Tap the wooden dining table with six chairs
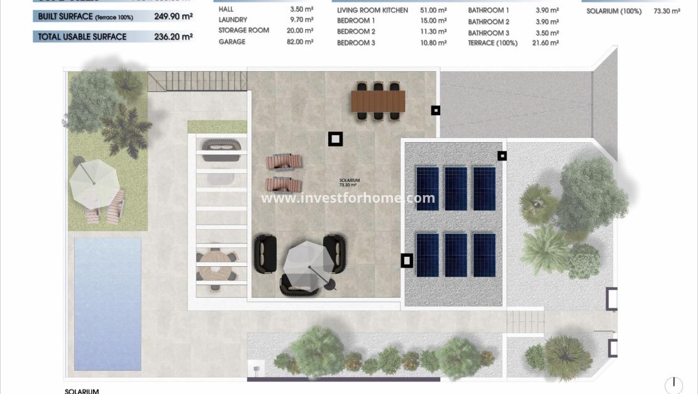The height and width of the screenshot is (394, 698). click(378, 101)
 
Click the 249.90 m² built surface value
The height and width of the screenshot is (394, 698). click(173, 16)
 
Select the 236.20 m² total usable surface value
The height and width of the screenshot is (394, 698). click(173, 37)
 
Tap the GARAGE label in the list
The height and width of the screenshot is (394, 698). click(232, 42)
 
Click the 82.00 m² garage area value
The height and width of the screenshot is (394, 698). click(301, 42)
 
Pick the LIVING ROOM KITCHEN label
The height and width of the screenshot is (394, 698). click(372, 11)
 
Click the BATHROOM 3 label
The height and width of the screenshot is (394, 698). click(489, 33)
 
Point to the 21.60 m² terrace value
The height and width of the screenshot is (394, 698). click(544, 43)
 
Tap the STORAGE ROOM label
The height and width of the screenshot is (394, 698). click(244, 30)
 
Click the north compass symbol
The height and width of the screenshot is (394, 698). click(673, 384)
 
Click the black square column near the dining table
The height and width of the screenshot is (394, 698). click(436, 110)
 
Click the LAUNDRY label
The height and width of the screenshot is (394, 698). click(233, 20)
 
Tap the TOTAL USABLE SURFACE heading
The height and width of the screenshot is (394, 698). click(82, 37)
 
